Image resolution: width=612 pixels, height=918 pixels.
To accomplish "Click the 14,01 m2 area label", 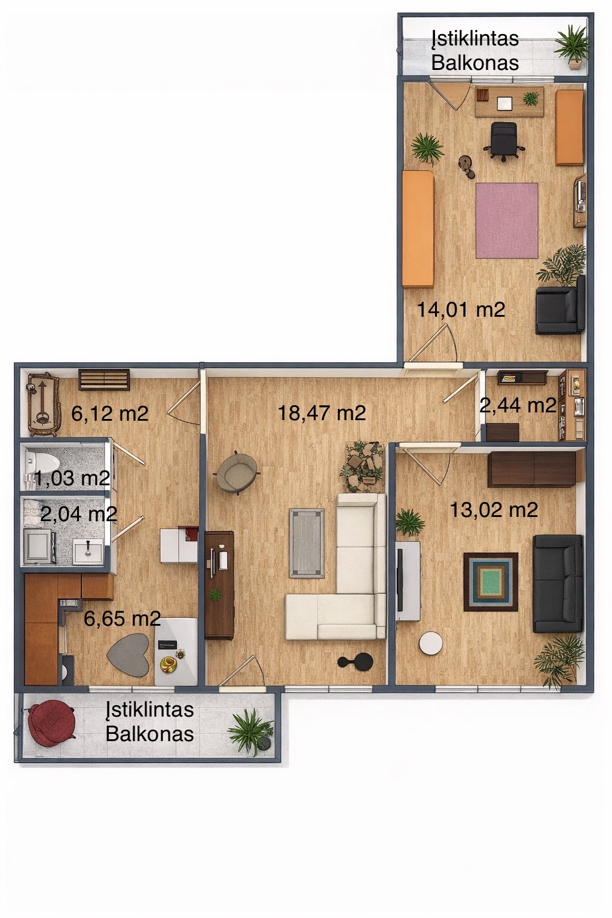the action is click(x=461, y=310).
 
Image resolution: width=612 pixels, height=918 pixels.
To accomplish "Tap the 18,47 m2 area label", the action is click(x=322, y=413).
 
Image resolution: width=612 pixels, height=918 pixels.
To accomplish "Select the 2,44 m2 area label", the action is click(x=518, y=405).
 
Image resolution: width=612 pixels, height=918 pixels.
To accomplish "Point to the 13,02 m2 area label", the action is click(x=494, y=510).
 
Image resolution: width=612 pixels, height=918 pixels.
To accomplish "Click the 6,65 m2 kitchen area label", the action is click(x=122, y=618).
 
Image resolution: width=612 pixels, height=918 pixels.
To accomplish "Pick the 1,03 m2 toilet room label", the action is click(x=72, y=478).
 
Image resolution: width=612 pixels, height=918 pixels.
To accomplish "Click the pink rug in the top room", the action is click(x=507, y=221).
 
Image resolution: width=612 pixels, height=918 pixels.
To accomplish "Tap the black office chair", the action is click(x=504, y=141).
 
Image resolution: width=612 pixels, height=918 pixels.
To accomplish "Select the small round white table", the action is click(x=431, y=643).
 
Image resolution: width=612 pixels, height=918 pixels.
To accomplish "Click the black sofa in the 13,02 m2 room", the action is click(x=558, y=583).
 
